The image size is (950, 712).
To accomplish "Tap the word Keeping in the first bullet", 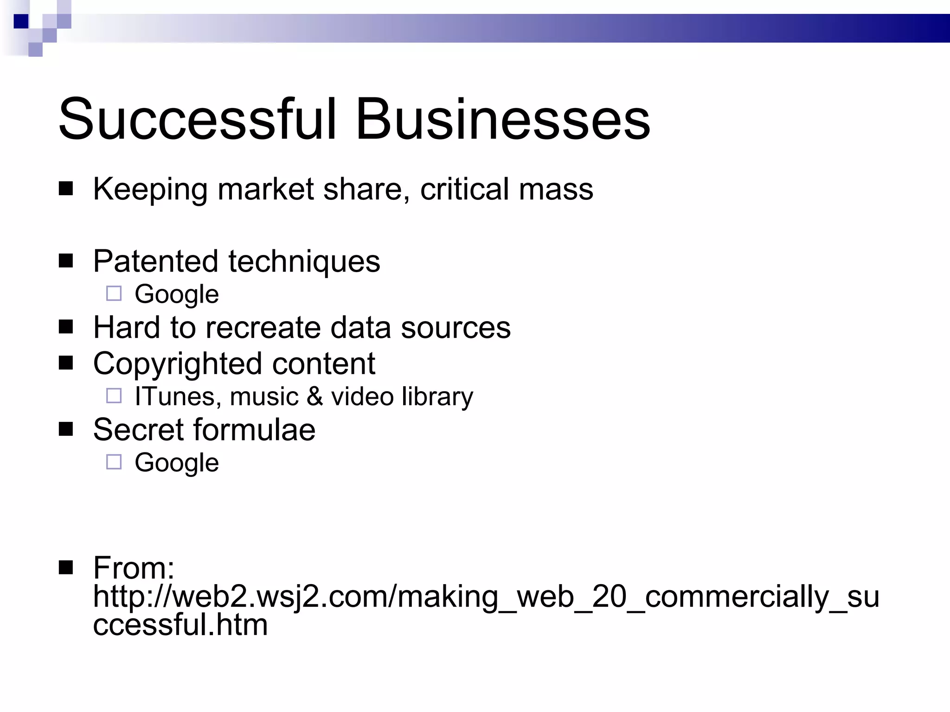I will [150, 190].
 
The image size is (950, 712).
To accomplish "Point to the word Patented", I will [155, 261].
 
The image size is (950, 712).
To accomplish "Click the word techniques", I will [304, 262].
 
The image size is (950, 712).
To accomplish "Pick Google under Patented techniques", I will [177, 295].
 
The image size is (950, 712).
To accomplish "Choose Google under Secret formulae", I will [177, 463].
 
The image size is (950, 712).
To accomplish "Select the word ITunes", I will [175, 397].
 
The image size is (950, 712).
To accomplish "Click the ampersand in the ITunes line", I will [315, 397].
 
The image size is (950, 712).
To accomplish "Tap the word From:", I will [134, 568].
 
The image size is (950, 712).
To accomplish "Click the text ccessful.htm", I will [180, 625].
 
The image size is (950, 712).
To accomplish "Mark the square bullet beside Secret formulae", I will [66, 430].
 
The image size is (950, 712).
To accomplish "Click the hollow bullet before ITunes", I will [114, 396].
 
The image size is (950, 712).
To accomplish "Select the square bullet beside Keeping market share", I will [66, 189].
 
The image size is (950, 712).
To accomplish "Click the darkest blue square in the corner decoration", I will [21, 21].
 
